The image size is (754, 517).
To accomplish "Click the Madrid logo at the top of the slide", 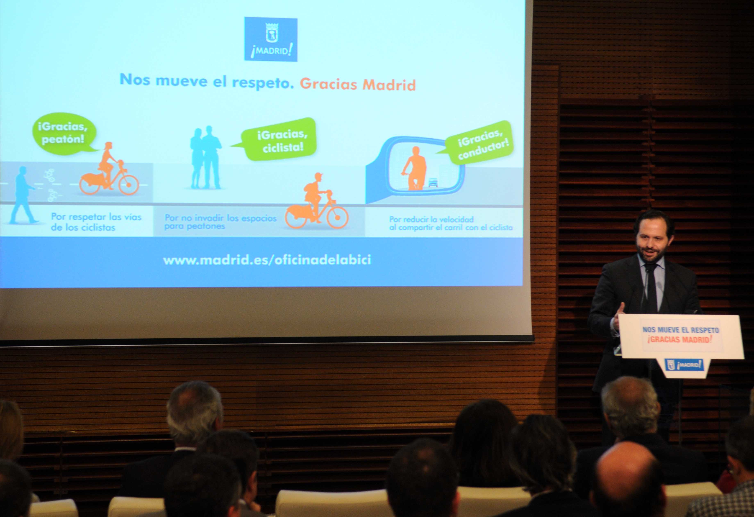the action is (271, 39).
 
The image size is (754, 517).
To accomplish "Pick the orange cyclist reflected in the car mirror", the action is (414, 168).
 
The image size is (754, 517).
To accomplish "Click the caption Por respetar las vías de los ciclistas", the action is (96, 222).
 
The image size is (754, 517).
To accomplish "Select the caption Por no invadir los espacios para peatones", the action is (220, 222).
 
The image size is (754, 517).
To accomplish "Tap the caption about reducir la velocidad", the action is (451, 223).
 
